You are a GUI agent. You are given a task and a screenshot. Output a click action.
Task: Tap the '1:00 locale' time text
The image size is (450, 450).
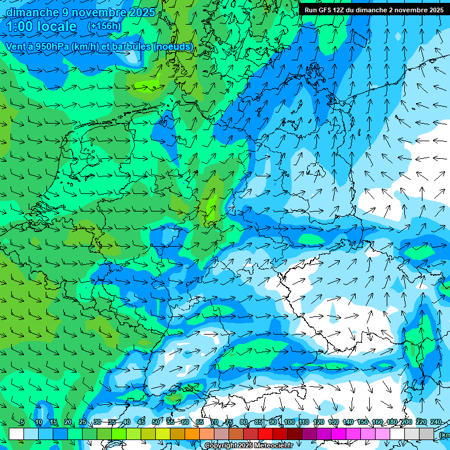pyautogui.click(x=41, y=26)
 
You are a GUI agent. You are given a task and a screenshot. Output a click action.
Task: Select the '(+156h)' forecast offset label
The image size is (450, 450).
pyautogui.click(x=104, y=26)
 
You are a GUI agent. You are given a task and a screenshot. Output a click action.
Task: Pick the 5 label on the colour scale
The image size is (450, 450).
pyautogui.click(x=22, y=422)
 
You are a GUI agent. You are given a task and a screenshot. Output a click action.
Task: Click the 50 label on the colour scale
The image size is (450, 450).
pyautogui.click(x=155, y=422)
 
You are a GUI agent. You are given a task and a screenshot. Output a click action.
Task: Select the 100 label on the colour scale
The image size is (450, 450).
pyautogui.click(x=289, y=422)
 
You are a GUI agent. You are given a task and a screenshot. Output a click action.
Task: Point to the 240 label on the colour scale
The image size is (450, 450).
pyautogui.click(x=436, y=422)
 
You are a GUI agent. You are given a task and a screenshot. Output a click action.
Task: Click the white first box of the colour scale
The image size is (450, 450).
pyautogui.click(x=16, y=434)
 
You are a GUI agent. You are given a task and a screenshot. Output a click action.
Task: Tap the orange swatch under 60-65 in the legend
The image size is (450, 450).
pyautogui.click(x=192, y=434)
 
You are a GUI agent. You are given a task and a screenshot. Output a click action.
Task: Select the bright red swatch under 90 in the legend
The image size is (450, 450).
pyautogui.click(x=265, y=434)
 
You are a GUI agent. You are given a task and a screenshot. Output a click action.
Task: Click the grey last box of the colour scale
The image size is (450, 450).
pyautogui.click(x=427, y=434)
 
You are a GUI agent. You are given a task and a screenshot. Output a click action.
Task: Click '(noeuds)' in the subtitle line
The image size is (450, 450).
pyautogui.click(x=173, y=47)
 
